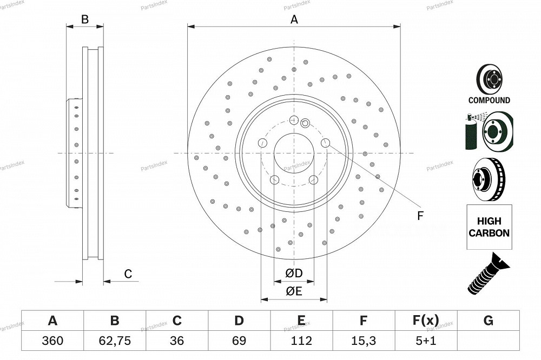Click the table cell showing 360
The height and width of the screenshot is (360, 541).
pyautogui.click(x=52, y=341)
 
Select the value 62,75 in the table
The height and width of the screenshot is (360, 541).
pyautogui.click(x=115, y=341)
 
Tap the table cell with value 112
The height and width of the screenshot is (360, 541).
pyautogui.click(x=301, y=341)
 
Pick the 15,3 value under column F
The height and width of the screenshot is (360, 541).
pyautogui.click(x=364, y=341)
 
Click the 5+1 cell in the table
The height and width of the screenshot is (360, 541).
pyautogui.click(x=426, y=341)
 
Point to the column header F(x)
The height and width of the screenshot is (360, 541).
pyautogui.click(x=426, y=321)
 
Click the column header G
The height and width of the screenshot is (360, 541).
pyautogui.click(x=488, y=321)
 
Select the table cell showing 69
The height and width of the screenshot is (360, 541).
pyautogui.click(x=239, y=341)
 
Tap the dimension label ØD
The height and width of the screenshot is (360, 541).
pyautogui.click(x=294, y=273)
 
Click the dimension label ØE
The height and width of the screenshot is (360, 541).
pyautogui.click(x=294, y=291)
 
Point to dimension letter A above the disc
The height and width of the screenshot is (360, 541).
pyautogui.click(x=294, y=19)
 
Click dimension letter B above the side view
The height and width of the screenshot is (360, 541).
pyautogui.click(x=85, y=19)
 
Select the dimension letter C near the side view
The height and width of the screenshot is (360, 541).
pyautogui.click(x=128, y=274)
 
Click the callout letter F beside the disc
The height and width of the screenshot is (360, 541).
pyautogui.click(x=420, y=216)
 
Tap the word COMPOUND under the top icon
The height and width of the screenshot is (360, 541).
pyautogui.click(x=489, y=101)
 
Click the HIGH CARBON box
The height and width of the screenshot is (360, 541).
pyautogui.click(x=489, y=227)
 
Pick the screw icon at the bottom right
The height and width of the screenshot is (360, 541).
pyautogui.click(x=489, y=274)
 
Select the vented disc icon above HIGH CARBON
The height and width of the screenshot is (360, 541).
pyautogui.click(x=489, y=179)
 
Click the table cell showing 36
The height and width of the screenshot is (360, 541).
pyautogui.click(x=177, y=341)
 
